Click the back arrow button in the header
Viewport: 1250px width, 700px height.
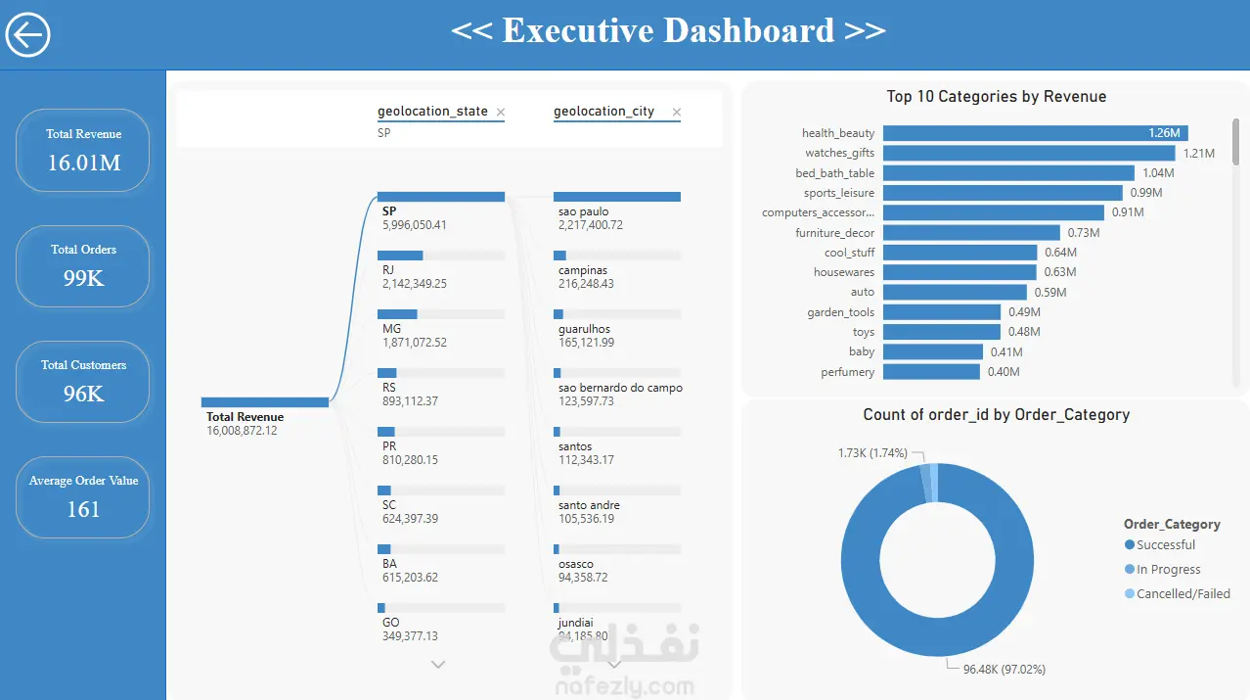[28, 34]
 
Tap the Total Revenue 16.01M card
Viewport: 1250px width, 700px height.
[83, 150]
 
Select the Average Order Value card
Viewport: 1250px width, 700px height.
[83, 497]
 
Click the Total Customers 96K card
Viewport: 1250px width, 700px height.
[83, 382]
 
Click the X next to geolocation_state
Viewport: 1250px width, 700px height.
[501, 113]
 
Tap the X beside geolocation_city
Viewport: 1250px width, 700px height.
[676, 113]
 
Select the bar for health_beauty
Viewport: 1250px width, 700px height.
[1035, 133]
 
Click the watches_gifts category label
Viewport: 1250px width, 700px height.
[839, 153]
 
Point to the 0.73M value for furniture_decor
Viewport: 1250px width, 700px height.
[1083, 232]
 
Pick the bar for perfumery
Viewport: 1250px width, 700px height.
[931, 371]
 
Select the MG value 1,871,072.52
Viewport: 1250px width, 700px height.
[415, 343]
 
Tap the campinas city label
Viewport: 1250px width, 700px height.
[583, 270]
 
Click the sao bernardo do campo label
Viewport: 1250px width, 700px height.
[620, 388]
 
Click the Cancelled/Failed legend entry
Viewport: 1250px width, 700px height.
[1178, 594]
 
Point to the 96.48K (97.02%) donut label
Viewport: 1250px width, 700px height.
[1004, 670]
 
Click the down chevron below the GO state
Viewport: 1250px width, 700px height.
[438, 665]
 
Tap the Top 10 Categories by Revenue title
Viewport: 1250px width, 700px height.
[997, 97]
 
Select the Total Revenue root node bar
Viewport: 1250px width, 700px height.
[265, 402]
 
